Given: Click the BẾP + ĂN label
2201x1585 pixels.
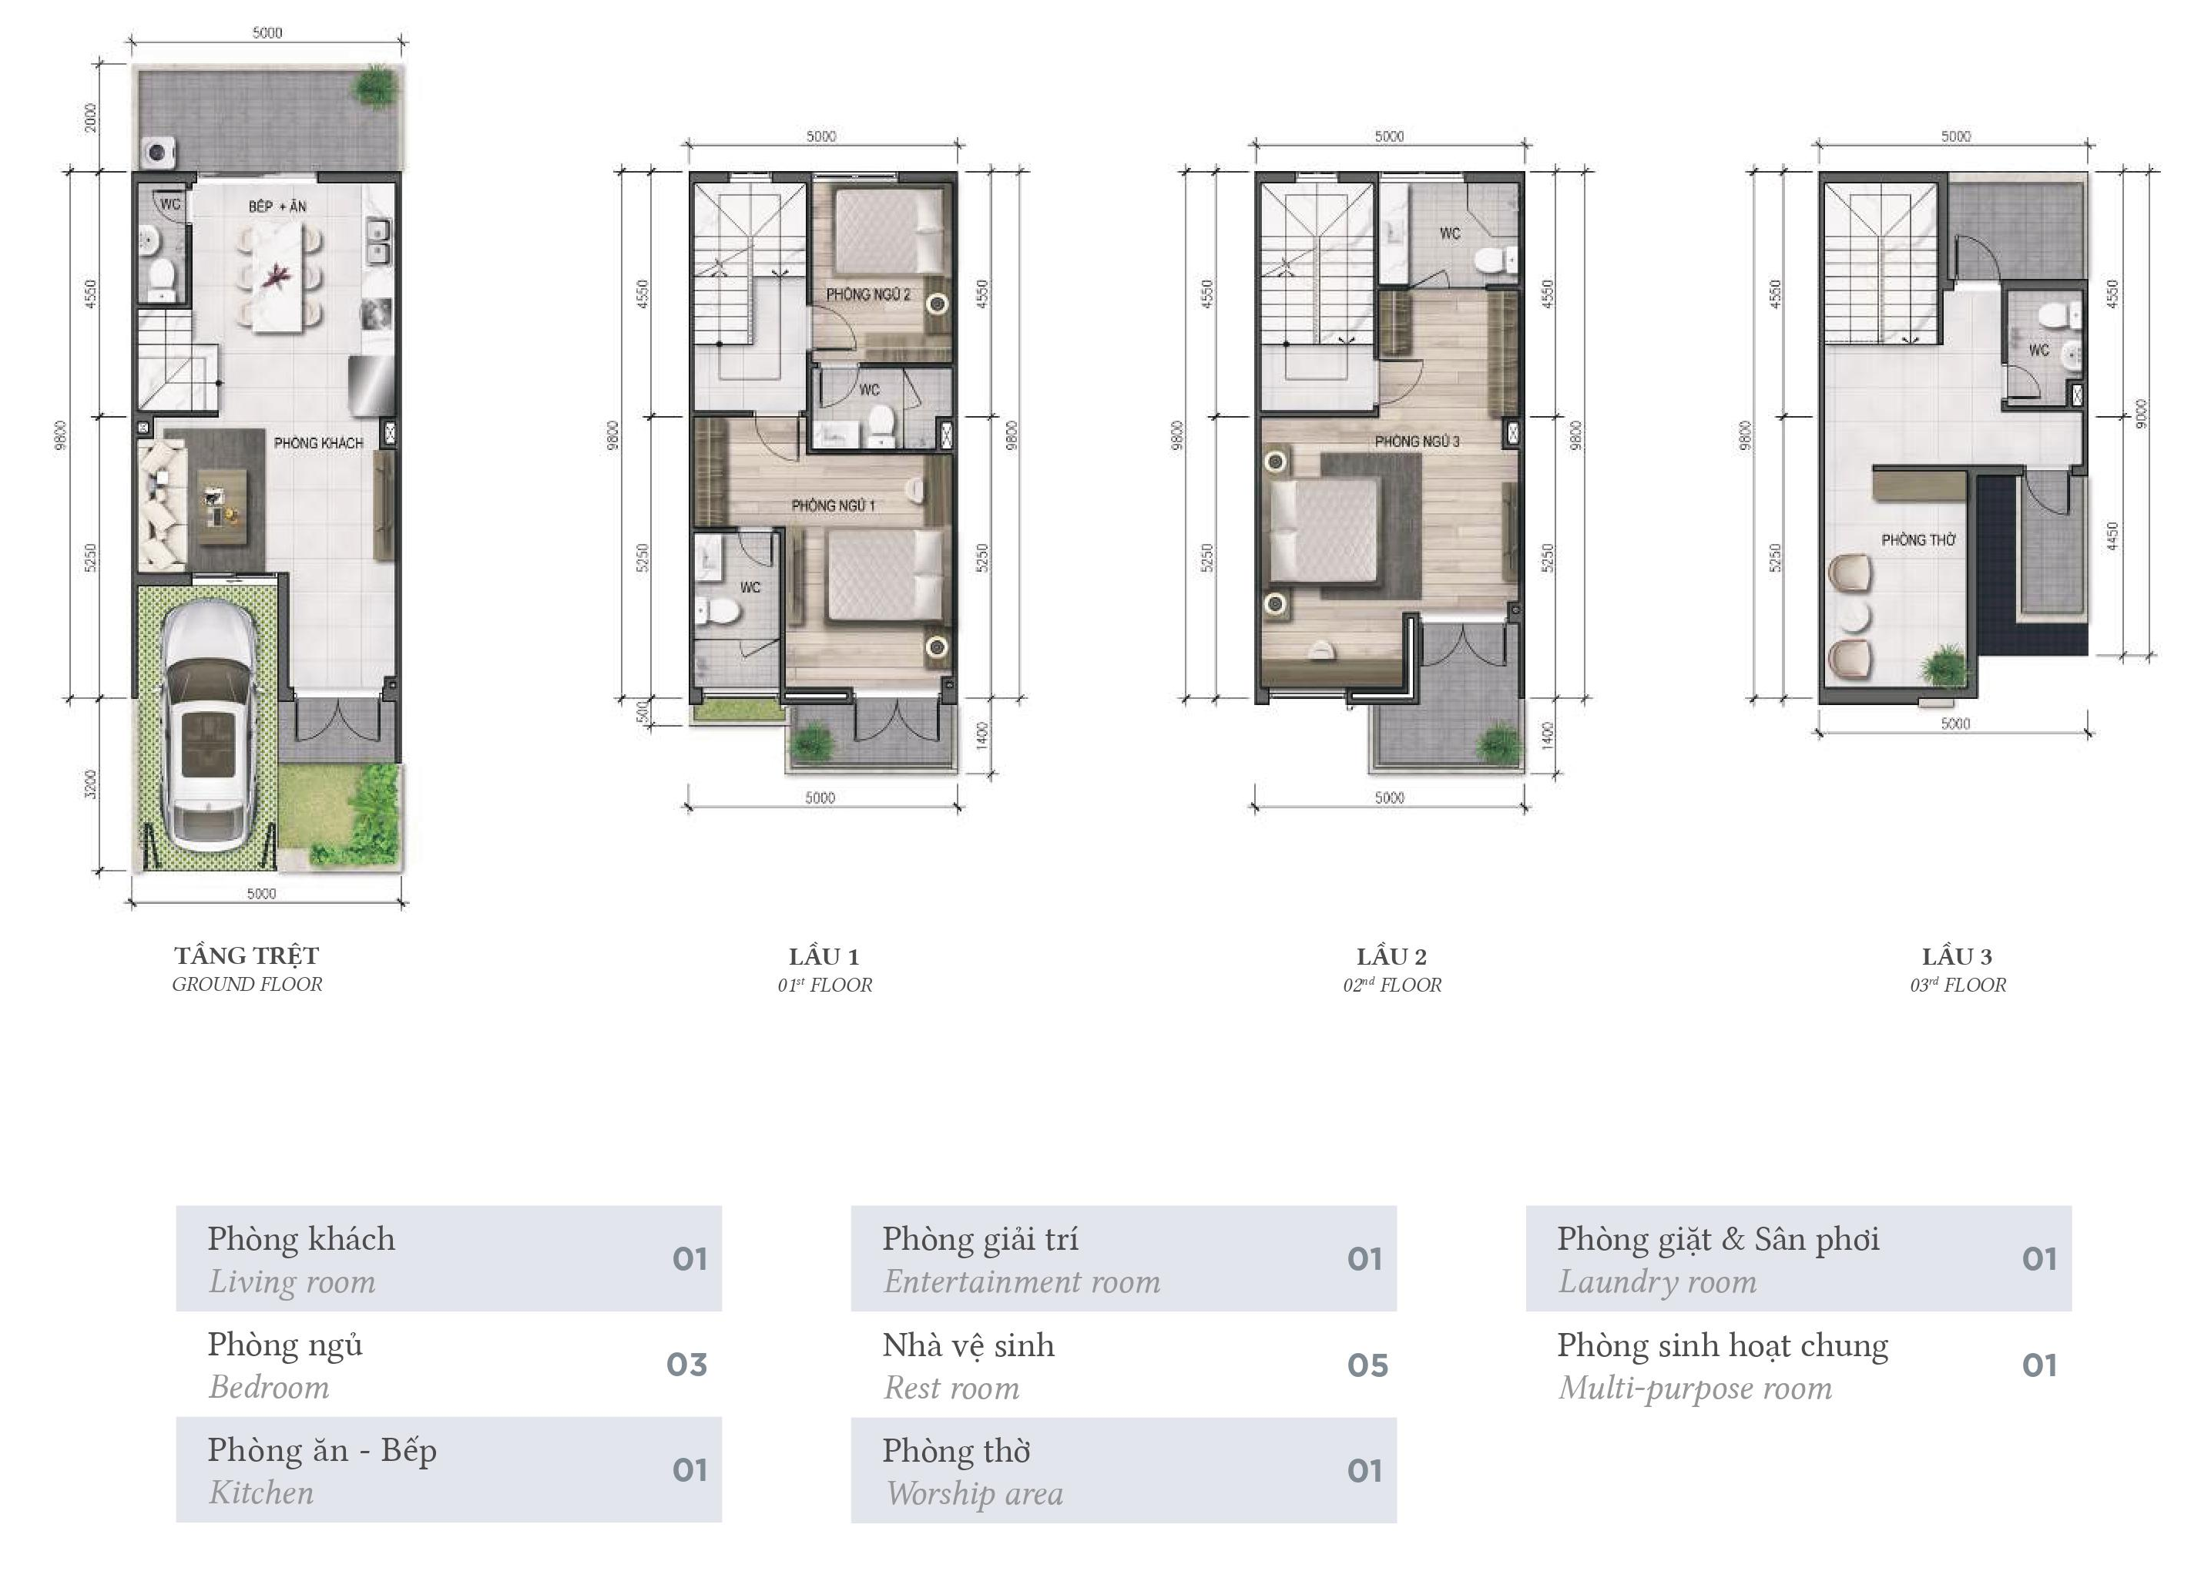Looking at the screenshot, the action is [277, 207].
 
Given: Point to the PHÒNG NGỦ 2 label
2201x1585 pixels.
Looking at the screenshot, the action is [868, 294].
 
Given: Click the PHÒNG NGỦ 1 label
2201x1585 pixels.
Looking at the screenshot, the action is [834, 505].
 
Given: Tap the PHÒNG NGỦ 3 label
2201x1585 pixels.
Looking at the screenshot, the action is [1417, 442].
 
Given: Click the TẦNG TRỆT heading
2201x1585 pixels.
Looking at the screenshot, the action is [247, 956].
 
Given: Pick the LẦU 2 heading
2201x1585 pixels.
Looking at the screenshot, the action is [1391, 957].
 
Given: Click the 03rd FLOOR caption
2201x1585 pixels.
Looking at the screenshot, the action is [1958, 986].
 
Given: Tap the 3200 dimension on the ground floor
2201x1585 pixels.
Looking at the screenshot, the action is [91, 784].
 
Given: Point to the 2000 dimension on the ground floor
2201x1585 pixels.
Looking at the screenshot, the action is [91, 117].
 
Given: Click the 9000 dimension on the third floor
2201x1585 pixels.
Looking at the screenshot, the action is [2142, 414].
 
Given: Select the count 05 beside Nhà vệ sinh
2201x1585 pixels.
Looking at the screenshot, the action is [1367, 1365].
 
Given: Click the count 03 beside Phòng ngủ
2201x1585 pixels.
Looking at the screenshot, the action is [687, 1365].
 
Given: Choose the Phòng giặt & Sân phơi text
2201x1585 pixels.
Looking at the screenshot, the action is [1718, 1241].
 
